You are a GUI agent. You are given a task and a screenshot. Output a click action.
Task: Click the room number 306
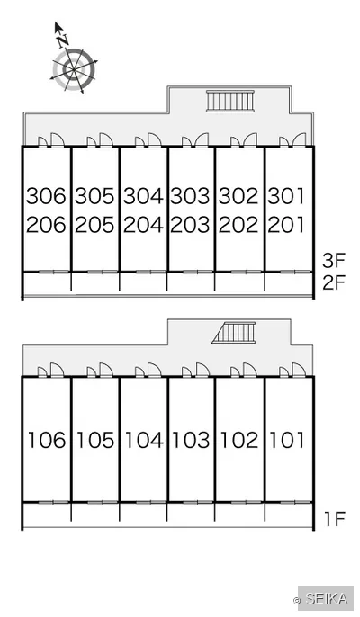click(x=46, y=196)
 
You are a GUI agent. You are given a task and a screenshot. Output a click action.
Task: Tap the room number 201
click(x=286, y=225)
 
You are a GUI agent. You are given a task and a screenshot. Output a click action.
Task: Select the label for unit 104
click(x=143, y=440)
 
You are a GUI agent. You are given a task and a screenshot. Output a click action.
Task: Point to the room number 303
click(x=190, y=196)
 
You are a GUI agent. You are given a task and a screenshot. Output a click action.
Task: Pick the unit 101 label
click(x=286, y=440)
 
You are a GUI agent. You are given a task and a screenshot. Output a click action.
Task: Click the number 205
click(x=94, y=225)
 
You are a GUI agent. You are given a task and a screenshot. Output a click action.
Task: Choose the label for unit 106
click(x=47, y=440)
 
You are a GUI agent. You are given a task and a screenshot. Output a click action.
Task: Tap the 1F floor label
click(x=335, y=519)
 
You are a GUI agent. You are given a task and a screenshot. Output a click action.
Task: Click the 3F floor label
click(x=334, y=260)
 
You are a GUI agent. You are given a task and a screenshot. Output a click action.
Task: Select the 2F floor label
click(x=334, y=282)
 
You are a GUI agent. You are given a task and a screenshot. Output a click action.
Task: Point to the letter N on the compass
click(x=62, y=40)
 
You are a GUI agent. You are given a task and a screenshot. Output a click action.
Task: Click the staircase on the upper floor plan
click(x=230, y=101)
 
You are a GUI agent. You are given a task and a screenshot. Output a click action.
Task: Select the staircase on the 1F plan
click(x=234, y=333)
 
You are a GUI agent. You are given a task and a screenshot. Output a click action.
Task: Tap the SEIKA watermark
click(x=327, y=599)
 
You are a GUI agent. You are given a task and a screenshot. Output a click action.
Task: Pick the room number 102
click(x=238, y=440)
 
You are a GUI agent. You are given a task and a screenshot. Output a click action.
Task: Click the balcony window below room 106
click(x=54, y=502)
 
